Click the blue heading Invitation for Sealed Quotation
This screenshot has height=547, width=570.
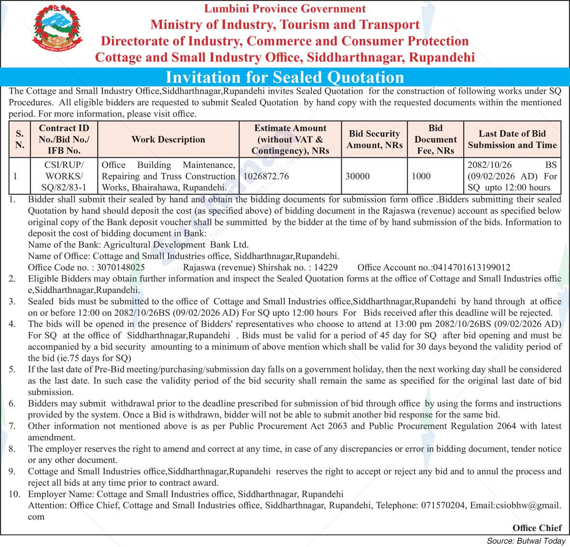tap(285, 77)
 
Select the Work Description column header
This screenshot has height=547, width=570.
tap(168, 139)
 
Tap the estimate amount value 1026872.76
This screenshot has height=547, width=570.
tap(266, 176)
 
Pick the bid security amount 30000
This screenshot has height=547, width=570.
tap(358, 176)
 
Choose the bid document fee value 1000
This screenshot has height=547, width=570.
tap(421, 176)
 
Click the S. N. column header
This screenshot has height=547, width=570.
tap(20, 139)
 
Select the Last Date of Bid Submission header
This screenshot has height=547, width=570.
tap(512, 139)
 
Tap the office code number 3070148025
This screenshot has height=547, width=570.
tap(121, 267)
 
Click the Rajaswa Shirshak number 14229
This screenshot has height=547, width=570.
tap(325, 267)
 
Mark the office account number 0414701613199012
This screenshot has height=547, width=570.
tap(472, 267)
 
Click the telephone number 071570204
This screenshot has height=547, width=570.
tap(444, 506)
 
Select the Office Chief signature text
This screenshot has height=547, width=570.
tap(537, 528)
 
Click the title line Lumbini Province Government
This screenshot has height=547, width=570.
tap(285, 9)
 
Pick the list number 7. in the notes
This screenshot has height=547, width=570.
tap(12, 426)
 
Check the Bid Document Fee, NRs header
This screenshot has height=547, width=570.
tap(435, 139)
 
